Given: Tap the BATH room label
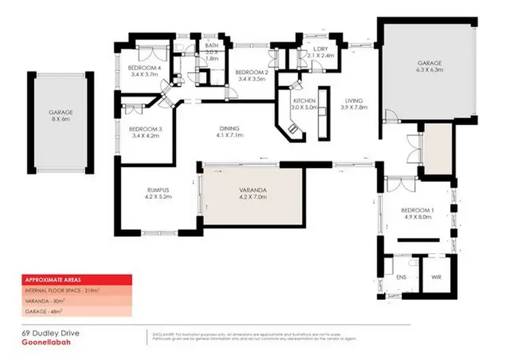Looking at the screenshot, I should (211, 46).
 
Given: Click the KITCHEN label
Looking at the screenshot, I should (304, 100).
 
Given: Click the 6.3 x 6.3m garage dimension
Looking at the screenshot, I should (430, 69).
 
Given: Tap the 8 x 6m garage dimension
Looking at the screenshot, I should (60, 118).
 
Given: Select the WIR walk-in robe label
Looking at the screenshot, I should (437, 278).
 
